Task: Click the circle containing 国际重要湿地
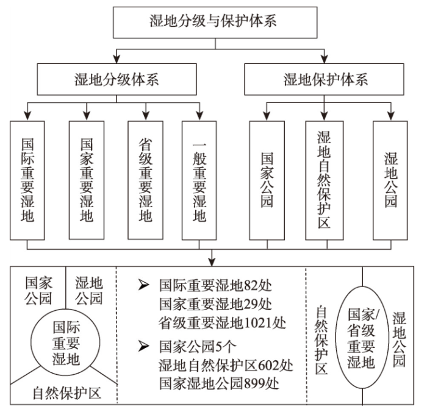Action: point(30,343)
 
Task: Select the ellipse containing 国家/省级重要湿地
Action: point(336,338)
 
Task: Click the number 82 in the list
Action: point(251,285)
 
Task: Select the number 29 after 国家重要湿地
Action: point(251,304)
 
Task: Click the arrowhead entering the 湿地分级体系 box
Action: point(117,59)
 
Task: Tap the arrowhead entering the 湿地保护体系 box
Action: point(324,59)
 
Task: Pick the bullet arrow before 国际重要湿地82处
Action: point(143,285)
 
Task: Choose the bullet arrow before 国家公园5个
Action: point(143,346)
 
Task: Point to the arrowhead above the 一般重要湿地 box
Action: point(200,116)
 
